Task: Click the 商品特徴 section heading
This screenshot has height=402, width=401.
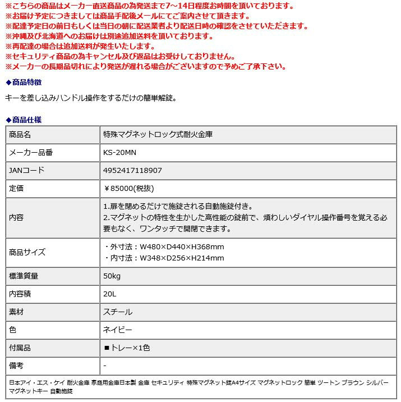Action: point(24,82)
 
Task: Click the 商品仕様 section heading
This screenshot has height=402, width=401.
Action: point(24,120)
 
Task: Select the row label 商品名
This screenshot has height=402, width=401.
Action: point(20,135)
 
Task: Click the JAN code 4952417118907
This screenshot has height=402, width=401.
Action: point(132,170)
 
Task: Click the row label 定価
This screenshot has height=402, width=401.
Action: point(17,188)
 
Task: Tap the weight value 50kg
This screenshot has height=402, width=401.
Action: point(112,276)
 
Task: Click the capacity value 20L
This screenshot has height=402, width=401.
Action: point(109,294)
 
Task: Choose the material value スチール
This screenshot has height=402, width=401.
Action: point(118,312)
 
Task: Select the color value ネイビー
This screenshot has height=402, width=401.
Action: point(118,330)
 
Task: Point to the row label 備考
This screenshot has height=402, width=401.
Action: point(17,366)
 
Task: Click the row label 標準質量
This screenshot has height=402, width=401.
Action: point(24,276)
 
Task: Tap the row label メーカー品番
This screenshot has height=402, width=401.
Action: point(31,152)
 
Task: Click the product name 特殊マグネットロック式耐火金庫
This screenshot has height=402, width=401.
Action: point(158,135)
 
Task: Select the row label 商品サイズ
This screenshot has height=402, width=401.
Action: point(27,252)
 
